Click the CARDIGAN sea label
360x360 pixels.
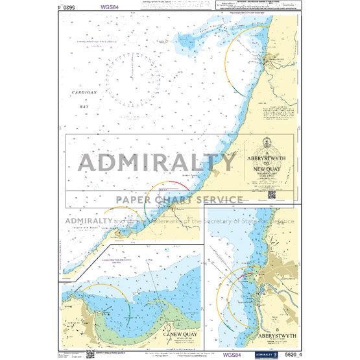82,93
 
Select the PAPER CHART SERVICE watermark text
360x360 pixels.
180,200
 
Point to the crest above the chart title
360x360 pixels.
269,144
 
